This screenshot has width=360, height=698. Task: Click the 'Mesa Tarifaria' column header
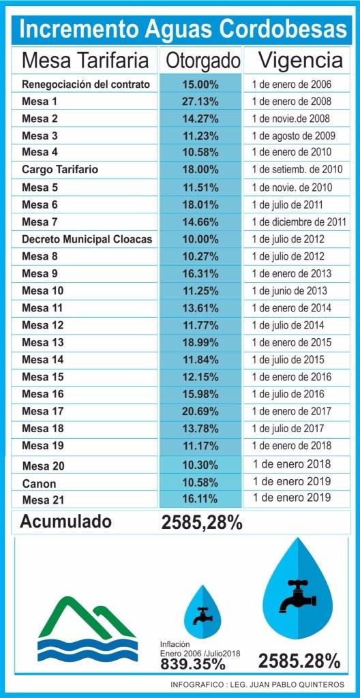[x=85, y=61]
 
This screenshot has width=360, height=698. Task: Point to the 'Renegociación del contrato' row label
[x=86, y=85]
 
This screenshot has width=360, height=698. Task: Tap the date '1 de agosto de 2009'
[x=293, y=136]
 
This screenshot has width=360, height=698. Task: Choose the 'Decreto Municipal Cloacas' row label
[x=87, y=239]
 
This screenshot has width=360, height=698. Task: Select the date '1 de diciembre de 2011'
[x=299, y=222]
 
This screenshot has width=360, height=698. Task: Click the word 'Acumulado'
[x=65, y=522]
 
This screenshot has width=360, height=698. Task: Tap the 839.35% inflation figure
[x=192, y=663]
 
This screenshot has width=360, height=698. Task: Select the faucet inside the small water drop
[x=202, y=615]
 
